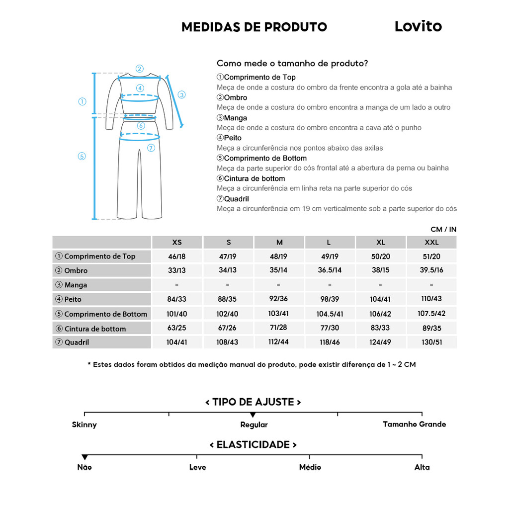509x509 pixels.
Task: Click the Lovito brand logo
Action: tap(418, 26)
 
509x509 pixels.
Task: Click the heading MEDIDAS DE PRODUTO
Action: tap(254, 27)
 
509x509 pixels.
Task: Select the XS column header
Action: tap(177, 243)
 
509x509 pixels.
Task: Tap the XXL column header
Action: tap(431, 243)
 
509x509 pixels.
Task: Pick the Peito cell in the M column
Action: tap(279, 299)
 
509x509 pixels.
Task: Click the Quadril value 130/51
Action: tap(431, 342)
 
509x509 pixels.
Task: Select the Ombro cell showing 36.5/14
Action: tap(330, 270)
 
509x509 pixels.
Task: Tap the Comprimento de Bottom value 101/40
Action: tap(177, 314)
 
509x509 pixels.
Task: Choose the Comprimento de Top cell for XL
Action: tap(381, 256)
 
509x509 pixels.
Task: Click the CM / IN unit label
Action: tap(443, 229)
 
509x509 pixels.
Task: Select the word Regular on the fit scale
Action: tap(254, 425)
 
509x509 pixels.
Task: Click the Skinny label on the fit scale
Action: tap(85, 425)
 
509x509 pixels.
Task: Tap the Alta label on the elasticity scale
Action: tap(422, 467)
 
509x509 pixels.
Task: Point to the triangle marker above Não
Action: tap(85, 457)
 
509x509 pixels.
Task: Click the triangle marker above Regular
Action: tap(253, 415)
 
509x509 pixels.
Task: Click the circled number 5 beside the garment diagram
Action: tap(82, 156)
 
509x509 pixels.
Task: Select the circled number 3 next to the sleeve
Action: tap(181, 94)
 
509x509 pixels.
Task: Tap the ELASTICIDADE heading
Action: tap(254, 444)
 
